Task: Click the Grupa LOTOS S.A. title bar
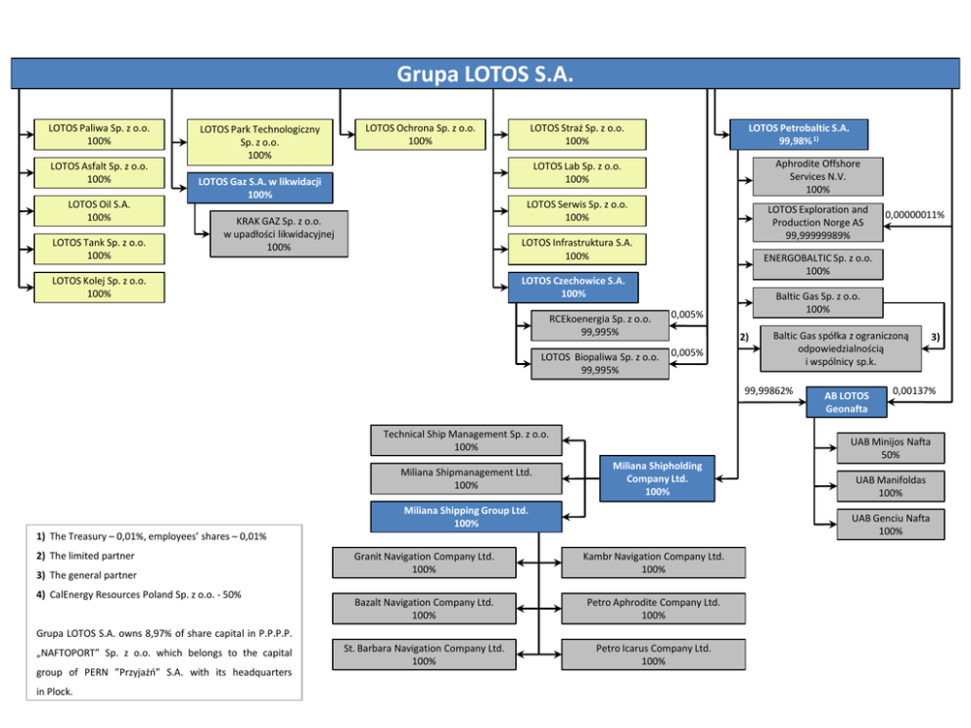(x=485, y=74)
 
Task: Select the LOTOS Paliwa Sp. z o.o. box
(x=99, y=134)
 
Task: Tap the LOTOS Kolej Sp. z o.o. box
(x=99, y=287)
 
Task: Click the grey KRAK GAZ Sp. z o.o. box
(x=279, y=234)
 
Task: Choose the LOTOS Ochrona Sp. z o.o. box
(x=420, y=134)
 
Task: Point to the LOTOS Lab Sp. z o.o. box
(x=577, y=172)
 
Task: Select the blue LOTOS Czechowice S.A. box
(x=574, y=287)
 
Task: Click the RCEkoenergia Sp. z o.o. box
(x=599, y=325)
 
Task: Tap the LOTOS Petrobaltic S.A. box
(x=799, y=134)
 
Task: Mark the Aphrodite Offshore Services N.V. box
(x=817, y=176)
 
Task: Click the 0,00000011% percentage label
(x=914, y=214)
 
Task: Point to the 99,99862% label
(x=769, y=390)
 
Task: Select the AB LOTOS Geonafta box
(x=846, y=402)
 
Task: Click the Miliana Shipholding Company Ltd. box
(x=657, y=478)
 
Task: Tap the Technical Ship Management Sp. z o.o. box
(x=466, y=439)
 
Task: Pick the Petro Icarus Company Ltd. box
(x=653, y=655)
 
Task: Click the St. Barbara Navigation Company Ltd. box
(x=424, y=655)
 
